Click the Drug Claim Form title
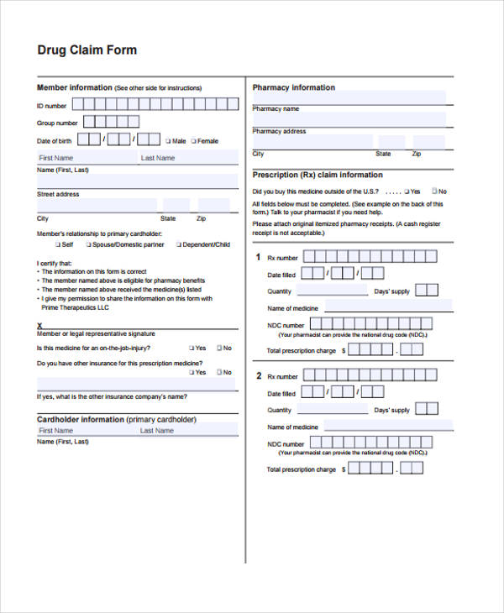point(87,50)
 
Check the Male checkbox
point(168,141)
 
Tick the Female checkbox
point(193,141)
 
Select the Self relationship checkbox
point(58,245)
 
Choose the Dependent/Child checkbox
point(179,245)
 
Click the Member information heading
point(74,87)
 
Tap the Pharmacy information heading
point(293,87)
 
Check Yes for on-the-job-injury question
point(192,348)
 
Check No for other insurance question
point(218,372)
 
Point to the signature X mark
point(39,325)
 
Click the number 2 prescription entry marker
point(259,375)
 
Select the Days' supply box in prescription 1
point(427,291)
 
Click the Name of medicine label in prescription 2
point(292,427)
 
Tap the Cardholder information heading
point(116,419)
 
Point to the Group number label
point(57,123)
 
